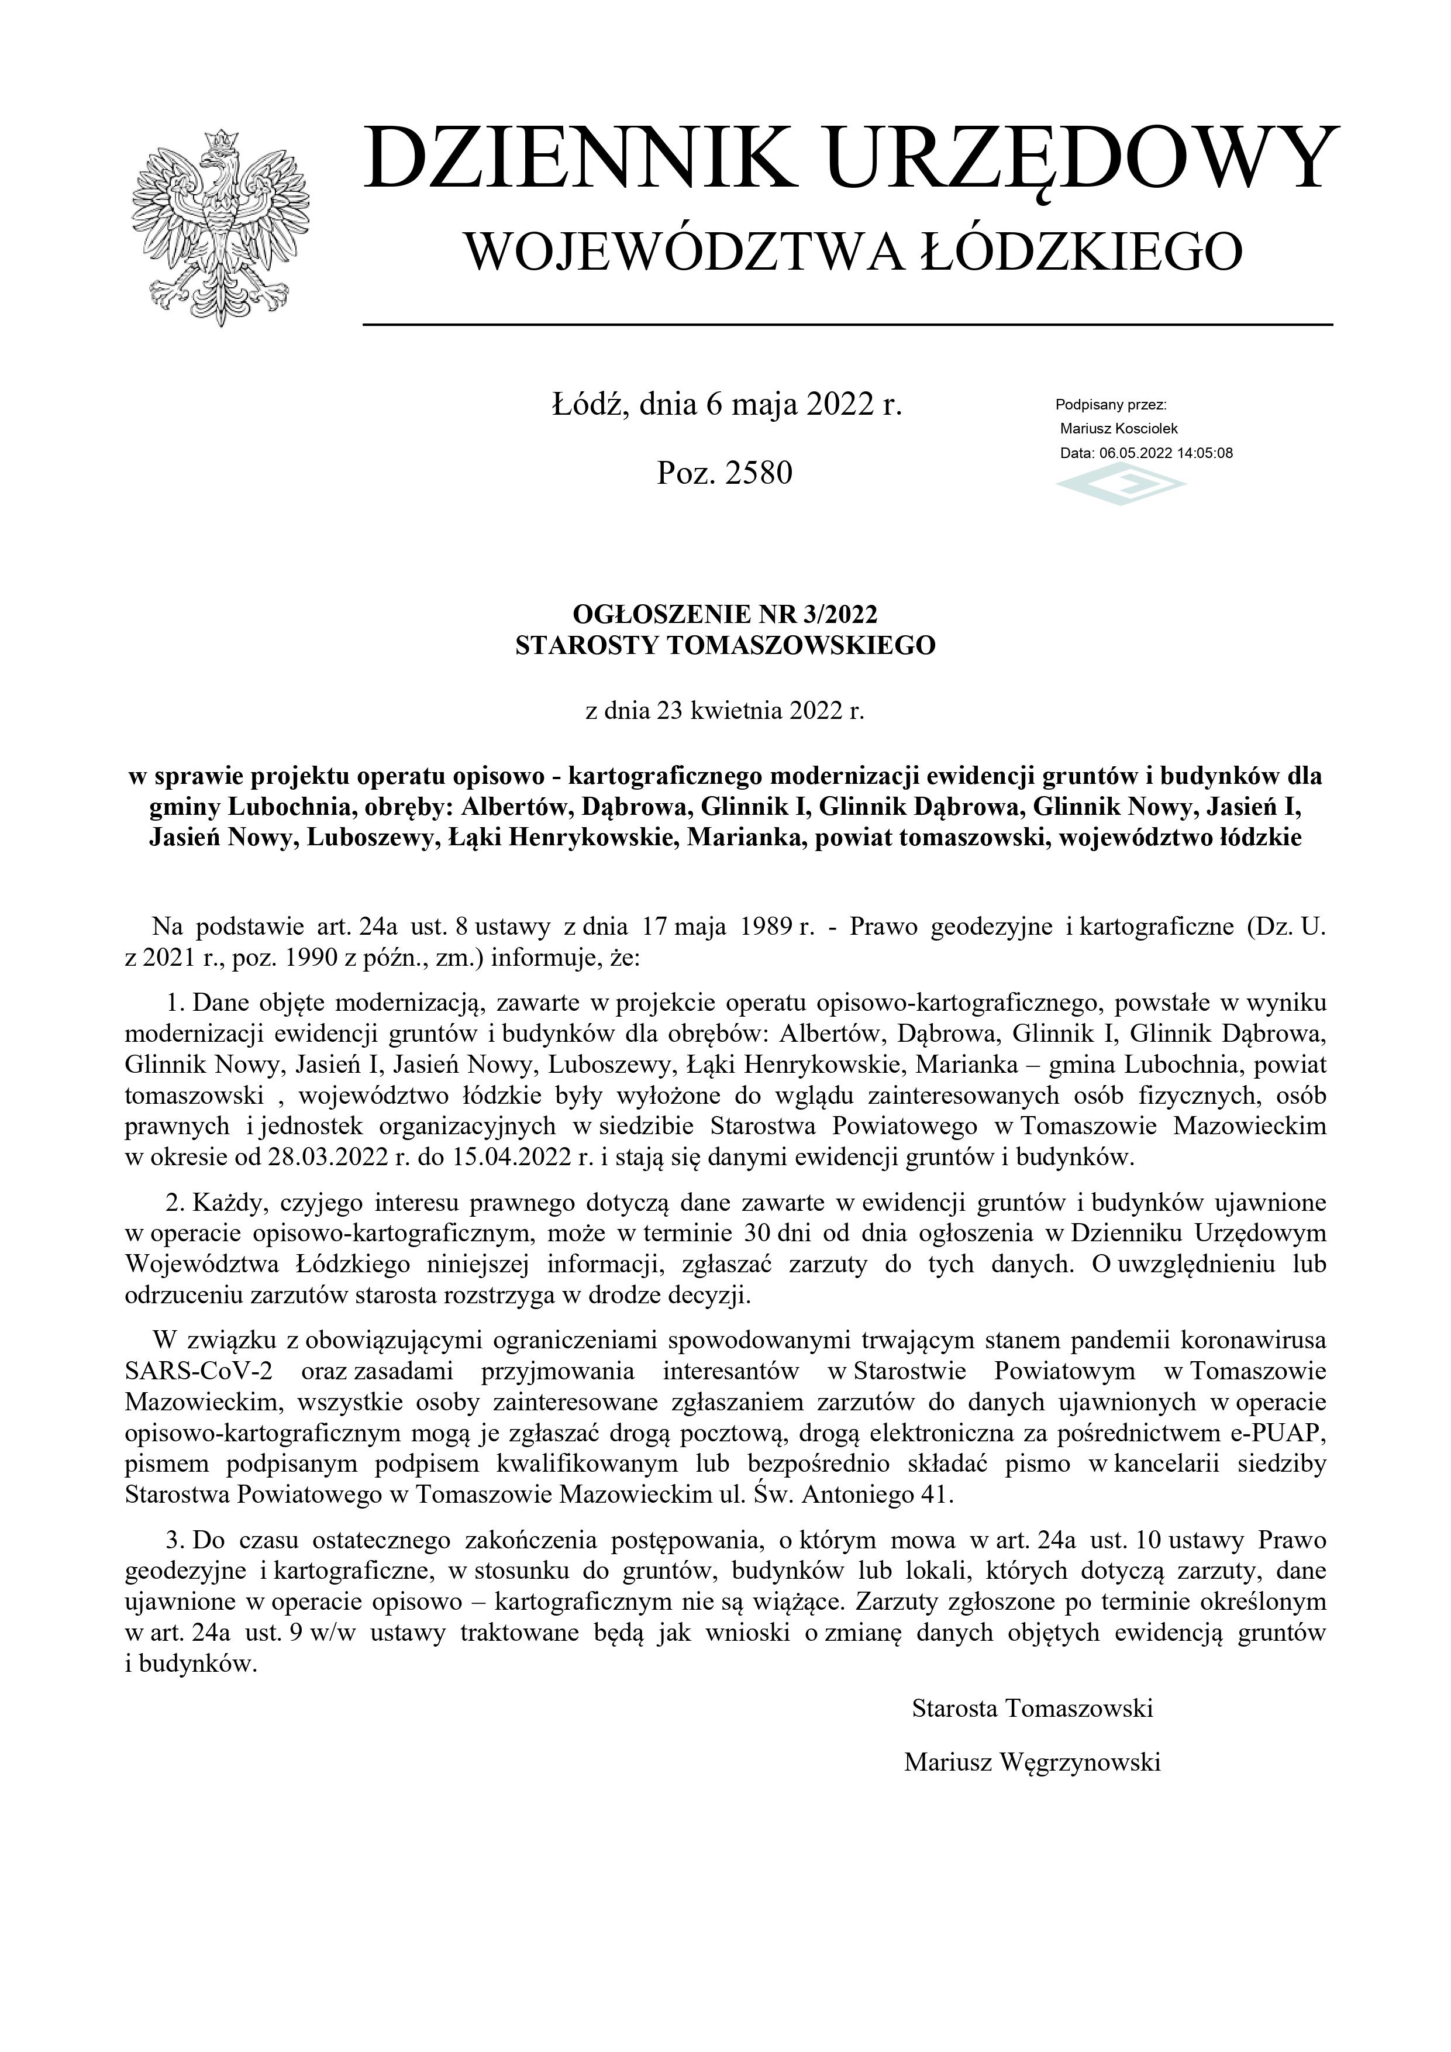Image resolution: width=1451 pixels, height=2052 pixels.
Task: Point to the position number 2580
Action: pyautogui.click(x=760, y=473)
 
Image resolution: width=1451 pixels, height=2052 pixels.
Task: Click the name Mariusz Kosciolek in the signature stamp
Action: pyautogui.click(x=1119, y=429)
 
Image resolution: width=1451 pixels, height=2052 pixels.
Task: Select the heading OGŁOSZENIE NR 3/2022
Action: pyautogui.click(x=725, y=614)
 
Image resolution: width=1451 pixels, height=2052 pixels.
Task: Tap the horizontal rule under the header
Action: pyautogui.click(x=847, y=323)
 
